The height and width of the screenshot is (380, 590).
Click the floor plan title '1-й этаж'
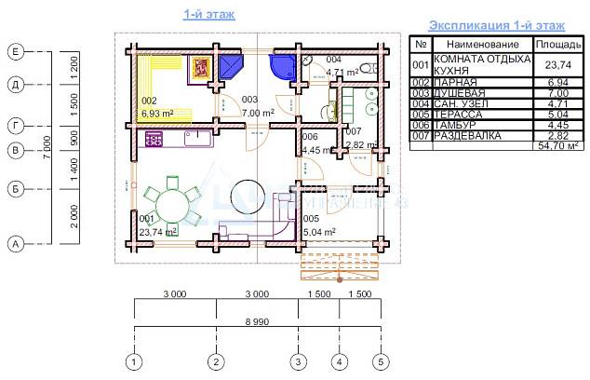pyautogui.click(x=209, y=14)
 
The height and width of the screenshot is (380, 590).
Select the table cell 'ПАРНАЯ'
pyautogui.click(x=455, y=83)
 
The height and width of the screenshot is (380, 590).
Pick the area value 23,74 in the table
pyautogui.click(x=556, y=65)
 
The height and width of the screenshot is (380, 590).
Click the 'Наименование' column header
pyautogui.click(x=481, y=44)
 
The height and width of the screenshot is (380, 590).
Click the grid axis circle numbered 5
pyautogui.click(x=380, y=360)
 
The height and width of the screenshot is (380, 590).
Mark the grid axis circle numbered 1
pyautogui.click(x=135, y=360)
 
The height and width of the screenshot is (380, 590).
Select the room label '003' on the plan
pyautogui.click(x=249, y=100)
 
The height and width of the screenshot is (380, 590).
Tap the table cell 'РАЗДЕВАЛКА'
pyautogui.click(x=468, y=136)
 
